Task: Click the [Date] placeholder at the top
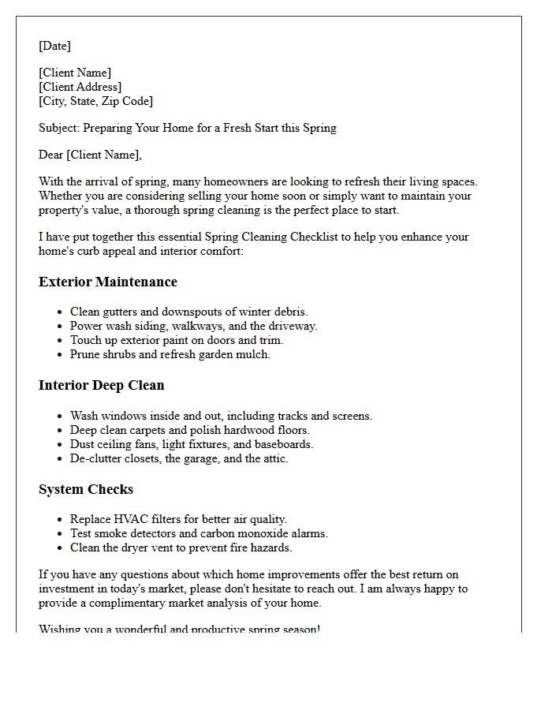pyautogui.click(x=54, y=46)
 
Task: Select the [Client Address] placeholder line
pyautogui.click(x=80, y=87)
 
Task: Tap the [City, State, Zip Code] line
pyautogui.click(x=95, y=101)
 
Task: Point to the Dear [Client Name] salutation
pyautogui.click(x=90, y=155)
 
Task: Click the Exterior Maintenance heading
pyautogui.click(x=108, y=282)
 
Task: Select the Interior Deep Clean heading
pyautogui.click(x=101, y=385)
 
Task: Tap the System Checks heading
pyautogui.click(x=86, y=489)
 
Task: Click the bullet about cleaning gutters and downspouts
pyautogui.click(x=188, y=312)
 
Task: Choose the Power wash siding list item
pyautogui.click(x=193, y=326)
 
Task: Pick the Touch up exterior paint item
pyautogui.click(x=177, y=340)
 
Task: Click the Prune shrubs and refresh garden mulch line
pyautogui.click(x=170, y=354)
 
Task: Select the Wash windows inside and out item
pyautogui.click(x=221, y=416)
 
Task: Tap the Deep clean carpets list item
pyautogui.click(x=189, y=430)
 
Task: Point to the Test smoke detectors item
pyautogui.click(x=199, y=533)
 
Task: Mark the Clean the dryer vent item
pyautogui.click(x=181, y=547)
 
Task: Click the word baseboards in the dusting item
pyautogui.click(x=285, y=444)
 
